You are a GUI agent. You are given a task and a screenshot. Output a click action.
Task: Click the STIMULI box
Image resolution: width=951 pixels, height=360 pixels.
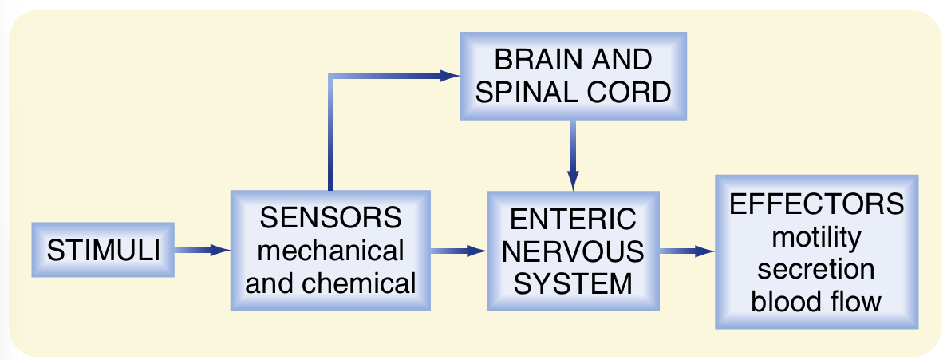(103, 250)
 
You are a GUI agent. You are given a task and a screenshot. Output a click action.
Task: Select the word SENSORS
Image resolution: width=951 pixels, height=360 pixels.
(330, 218)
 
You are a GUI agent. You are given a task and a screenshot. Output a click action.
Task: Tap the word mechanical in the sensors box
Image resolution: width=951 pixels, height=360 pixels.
(330, 251)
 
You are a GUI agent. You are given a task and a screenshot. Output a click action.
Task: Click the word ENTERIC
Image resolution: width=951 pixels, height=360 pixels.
(574, 220)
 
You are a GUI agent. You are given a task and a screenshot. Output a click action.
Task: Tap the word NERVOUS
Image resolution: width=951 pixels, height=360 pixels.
(574, 251)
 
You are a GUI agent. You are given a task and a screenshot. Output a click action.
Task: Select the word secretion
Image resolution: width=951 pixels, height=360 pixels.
(816, 268)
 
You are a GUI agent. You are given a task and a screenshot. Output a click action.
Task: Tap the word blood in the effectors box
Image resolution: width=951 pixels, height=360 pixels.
(786, 301)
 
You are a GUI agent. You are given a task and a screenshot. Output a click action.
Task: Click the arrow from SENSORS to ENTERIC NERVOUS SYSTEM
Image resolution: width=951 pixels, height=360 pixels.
(458, 251)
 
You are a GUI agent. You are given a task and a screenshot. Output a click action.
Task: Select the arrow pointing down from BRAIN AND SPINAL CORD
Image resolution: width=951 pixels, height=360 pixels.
(573, 155)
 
